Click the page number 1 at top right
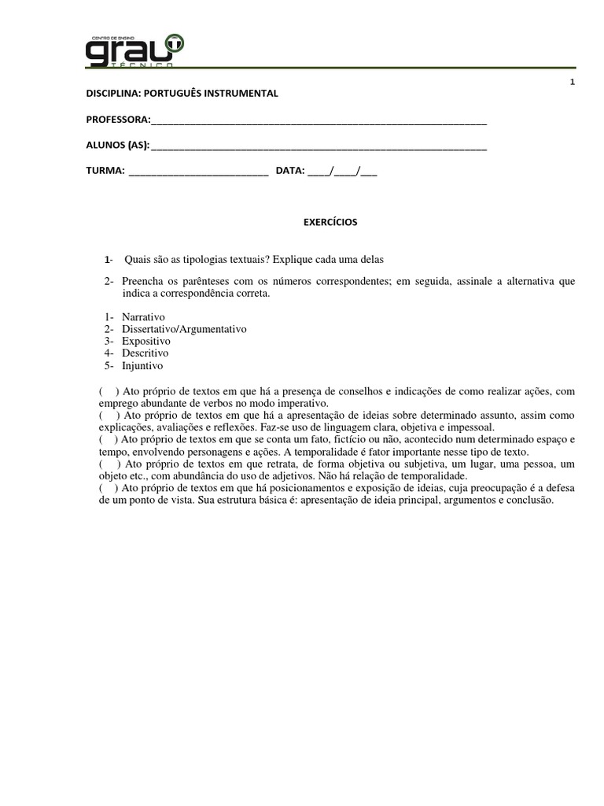pyautogui.click(x=573, y=83)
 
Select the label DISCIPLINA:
pyautogui.click(x=113, y=94)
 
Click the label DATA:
pyautogui.click(x=290, y=170)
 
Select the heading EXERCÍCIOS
pyautogui.click(x=330, y=223)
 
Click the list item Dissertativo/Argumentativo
pyautogui.click(x=184, y=329)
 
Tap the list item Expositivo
pyautogui.click(x=146, y=341)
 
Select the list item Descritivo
pyautogui.click(x=145, y=353)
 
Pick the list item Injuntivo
pyautogui.click(x=142, y=366)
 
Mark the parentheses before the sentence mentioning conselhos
pyautogui.click(x=109, y=391)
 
